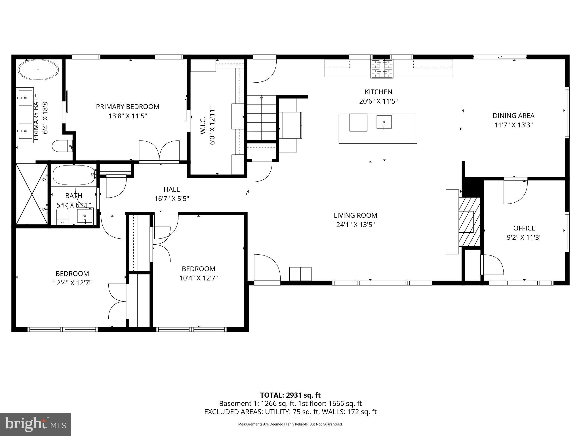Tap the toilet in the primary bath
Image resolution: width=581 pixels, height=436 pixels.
click(x=61, y=146)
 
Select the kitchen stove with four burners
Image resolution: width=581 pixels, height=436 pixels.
click(x=382, y=69)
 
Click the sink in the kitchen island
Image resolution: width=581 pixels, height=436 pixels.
click(x=384, y=122)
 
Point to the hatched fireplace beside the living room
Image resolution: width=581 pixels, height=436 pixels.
click(x=469, y=222)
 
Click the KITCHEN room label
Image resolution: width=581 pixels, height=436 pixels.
click(x=378, y=92)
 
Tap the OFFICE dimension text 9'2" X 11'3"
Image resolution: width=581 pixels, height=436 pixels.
click(x=524, y=237)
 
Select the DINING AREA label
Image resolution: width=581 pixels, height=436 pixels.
click(x=513, y=116)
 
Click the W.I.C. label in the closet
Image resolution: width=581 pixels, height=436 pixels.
click(x=203, y=126)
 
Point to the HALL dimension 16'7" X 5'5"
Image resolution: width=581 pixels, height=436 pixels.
click(x=171, y=198)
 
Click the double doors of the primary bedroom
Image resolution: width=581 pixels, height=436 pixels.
click(x=159, y=152)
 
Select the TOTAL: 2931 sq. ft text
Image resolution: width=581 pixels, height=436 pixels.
click(x=290, y=395)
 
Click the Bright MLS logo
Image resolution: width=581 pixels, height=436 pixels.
click(x=35, y=424)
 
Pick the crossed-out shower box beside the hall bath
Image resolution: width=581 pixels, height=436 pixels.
click(x=32, y=194)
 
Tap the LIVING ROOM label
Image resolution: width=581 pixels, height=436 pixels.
click(x=355, y=215)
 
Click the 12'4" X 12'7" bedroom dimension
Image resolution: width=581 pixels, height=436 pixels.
click(x=72, y=283)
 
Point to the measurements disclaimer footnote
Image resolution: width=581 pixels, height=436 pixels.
click(x=290, y=424)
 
